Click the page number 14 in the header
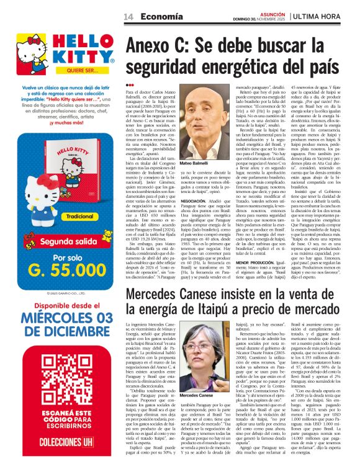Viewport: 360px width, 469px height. click(x=128, y=16)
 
